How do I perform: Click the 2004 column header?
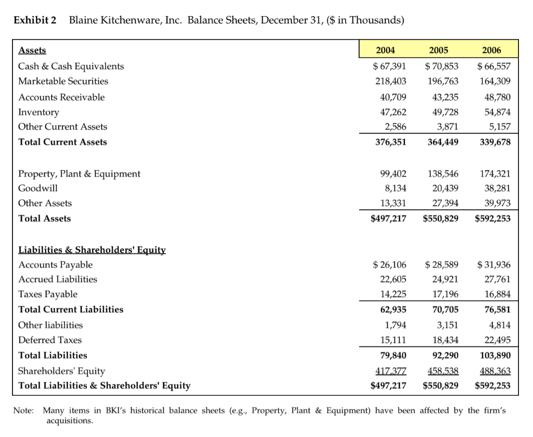tap(386, 50)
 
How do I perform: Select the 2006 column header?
tap(491, 50)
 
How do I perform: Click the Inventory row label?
tap(39, 112)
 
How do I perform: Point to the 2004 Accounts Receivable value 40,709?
tap(390, 97)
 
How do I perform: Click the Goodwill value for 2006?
tap(497, 188)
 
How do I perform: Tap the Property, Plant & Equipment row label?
tap(79, 174)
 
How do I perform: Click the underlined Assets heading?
tap(32, 50)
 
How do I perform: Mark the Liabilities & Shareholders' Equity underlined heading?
tap(92, 250)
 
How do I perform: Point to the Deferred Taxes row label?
tap(50, 340)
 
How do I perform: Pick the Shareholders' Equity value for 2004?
tap(390, 371)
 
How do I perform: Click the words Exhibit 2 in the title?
tap(35, 20)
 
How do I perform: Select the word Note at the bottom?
tap(23, 410)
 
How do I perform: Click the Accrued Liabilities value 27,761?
tap(497, 279)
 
